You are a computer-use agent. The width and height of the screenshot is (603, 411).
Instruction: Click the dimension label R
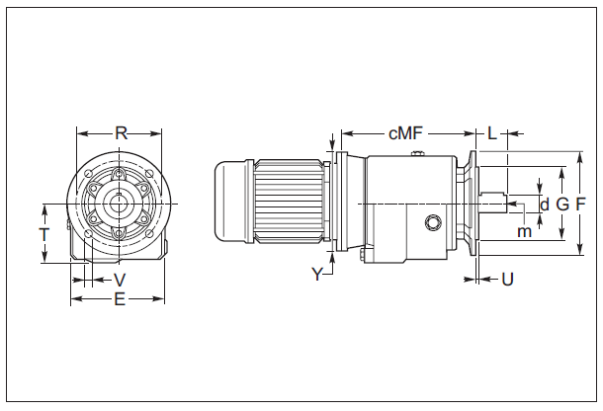[x=121, y=132]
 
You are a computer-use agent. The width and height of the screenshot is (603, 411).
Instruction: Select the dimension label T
[x=43, y=234]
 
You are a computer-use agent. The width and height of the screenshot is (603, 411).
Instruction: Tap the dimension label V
[x=120, y=280]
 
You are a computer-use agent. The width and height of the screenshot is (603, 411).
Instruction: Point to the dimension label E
[x=120, y=298]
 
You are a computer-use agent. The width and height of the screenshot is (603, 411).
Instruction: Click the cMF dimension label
[x=405, y=132]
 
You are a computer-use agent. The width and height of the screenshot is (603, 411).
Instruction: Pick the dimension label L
[x=491, y=132]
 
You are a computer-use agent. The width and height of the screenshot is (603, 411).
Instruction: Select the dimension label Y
[x=317, y=275]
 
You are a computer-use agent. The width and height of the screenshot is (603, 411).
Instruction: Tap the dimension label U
[x=507, y=280]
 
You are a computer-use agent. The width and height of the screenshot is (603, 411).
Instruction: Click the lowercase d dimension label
[x=544, y=204]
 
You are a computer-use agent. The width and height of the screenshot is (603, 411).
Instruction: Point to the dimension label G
[x=561, y=204]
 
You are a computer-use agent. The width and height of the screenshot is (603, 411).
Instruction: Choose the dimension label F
[x=581, y=204]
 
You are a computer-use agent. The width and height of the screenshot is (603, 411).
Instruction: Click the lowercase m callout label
[x=524, y=231]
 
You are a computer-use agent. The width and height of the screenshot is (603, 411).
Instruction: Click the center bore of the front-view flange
[x=120, y=205]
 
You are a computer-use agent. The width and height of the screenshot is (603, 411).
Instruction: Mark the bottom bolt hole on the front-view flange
[x=120, y=233]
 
